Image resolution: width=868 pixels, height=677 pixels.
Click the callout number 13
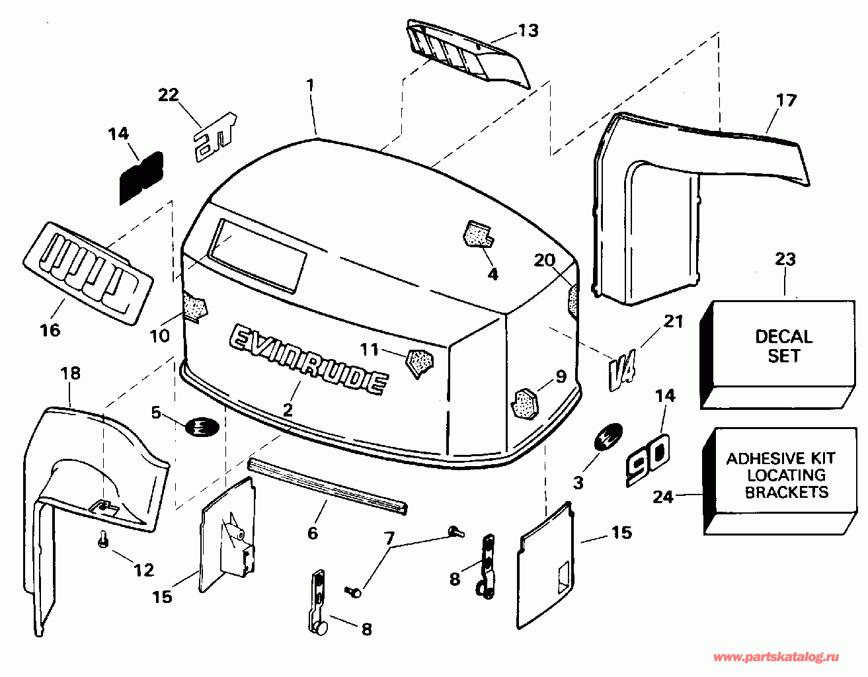pos(528,30)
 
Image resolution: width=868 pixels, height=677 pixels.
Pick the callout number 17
pos(786,100)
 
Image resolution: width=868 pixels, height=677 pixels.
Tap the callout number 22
pos(169,95)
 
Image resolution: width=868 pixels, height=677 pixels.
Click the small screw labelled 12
pos(103,540)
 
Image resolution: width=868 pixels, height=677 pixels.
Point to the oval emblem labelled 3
pos(606,438)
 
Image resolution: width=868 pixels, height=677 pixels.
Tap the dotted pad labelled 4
pos(478,234)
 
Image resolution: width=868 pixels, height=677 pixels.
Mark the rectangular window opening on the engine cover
pos(257,255)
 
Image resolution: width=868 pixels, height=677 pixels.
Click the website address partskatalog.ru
pos(777,657)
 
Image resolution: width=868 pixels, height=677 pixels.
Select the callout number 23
pos(785,259)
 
